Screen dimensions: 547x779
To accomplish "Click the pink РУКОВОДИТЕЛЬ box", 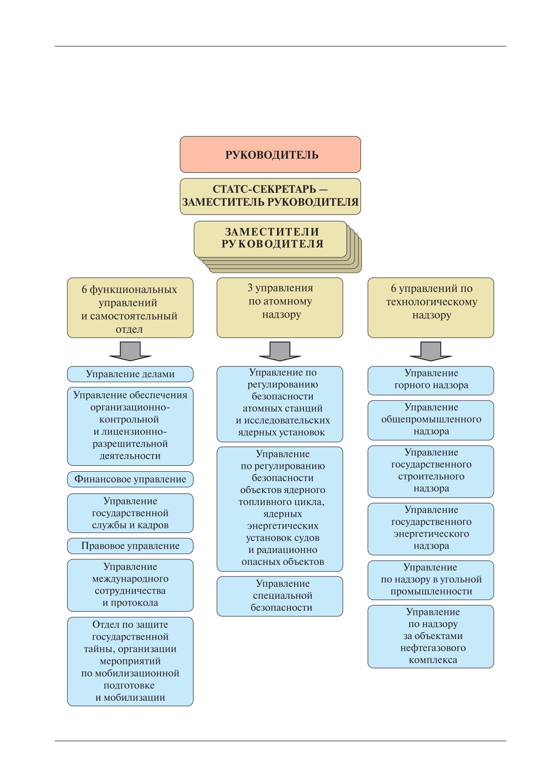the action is click(x=270, y=154).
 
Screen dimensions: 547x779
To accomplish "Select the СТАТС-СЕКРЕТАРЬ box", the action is click(x=270, y=196).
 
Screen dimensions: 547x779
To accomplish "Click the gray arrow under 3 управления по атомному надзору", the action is click(x=280, y=351).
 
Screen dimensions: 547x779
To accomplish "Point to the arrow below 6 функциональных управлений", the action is click(x=130, y=351).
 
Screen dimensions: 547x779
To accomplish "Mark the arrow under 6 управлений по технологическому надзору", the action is click(x=431, y=351).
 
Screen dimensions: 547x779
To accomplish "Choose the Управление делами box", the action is click(x=130, y=374).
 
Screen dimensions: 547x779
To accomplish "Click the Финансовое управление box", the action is click(x=130, y=479).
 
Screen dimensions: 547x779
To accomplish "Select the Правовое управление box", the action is click(x=130, y=545).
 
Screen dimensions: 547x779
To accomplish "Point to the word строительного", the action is click(x=431, y=476).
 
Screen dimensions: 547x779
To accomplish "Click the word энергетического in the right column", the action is click(x=431, y=533).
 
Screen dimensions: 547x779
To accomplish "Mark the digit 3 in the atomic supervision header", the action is click(x=250, y=288).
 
